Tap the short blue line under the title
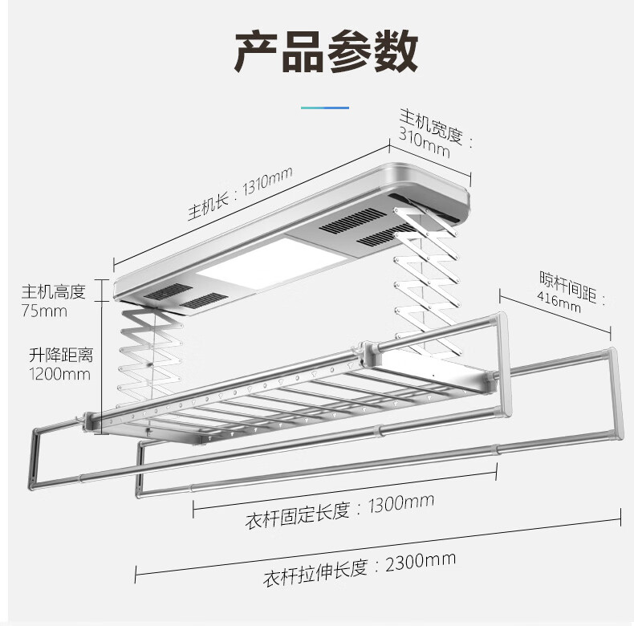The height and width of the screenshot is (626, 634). point(325,107)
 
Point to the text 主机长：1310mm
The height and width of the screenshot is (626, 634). point(239,194)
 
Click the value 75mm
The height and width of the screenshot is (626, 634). point(45,311)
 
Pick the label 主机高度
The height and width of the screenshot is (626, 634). point(53,291)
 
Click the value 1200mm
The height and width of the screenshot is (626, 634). point(60,373)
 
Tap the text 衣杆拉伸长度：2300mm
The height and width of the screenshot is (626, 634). point(360,564)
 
